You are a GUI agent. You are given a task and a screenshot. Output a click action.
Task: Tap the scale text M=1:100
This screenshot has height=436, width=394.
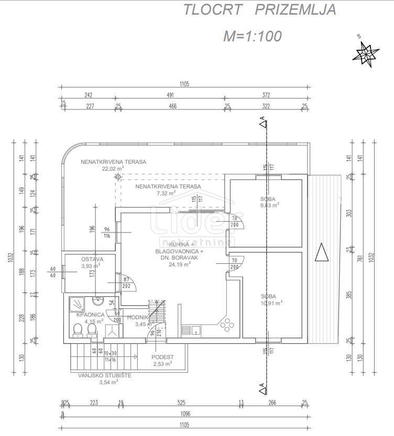(x=253, y=36)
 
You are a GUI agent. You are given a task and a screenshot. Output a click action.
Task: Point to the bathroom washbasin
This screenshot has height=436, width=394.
(x=97, y=300)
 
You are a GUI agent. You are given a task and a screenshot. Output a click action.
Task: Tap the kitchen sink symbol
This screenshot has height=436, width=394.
(x=191, y=330)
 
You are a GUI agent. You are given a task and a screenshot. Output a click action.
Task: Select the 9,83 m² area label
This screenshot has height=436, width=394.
(x=270, y=205)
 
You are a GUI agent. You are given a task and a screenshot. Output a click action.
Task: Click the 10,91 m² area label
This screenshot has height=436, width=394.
(x=271, y=303)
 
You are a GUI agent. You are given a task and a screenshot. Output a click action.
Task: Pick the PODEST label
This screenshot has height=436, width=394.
(x=163, y=357)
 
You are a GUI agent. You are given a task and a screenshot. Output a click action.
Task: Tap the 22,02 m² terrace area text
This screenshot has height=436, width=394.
(x=113, y=169)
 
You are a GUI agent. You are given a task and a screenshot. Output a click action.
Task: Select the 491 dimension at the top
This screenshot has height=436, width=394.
(x=170, y=95)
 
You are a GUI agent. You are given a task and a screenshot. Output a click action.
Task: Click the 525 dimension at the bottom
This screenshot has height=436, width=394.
(x=182, y=403)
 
